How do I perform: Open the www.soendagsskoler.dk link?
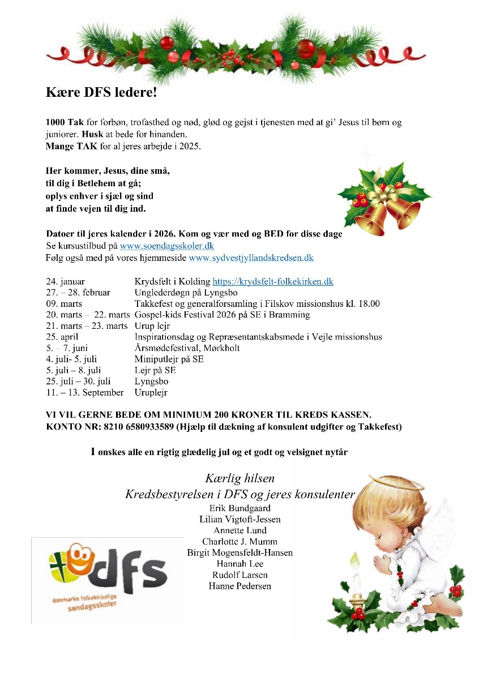tap(166, 246)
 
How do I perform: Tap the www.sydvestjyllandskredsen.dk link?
tap(251, 258)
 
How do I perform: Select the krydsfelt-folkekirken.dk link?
tap(272, 281)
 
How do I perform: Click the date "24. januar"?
tap(66, 281)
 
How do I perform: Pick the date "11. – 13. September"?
tap(84, 392)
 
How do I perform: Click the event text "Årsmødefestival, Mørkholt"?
tap(187, 348)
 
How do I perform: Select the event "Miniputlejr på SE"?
tap(169, 359)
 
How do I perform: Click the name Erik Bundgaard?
tap(239, 508)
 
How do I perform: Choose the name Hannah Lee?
tap(239, 564)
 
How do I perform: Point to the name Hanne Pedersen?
tap(239, 586)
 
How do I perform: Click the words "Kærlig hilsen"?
tap(239, 479)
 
